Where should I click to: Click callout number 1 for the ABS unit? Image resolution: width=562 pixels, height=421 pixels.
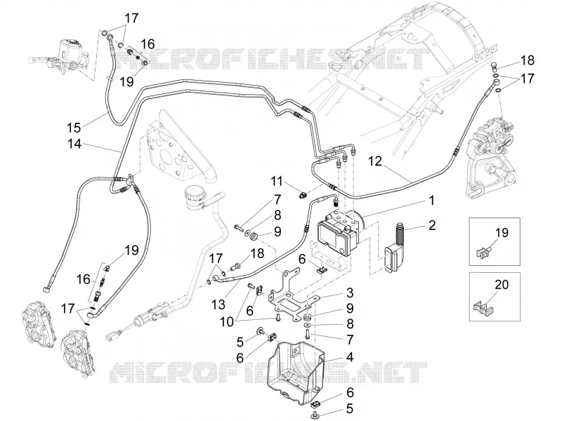point(432,201)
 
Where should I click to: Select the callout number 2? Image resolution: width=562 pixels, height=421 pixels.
point(432,225)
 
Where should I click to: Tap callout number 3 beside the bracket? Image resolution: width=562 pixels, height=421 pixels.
point(349,293)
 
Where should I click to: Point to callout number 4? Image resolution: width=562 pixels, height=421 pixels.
point(350,357)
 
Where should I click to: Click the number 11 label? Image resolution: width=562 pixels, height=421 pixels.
point(277,181)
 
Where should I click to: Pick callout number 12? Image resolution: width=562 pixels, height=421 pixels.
point(375,161)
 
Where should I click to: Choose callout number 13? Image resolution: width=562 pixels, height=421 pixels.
point(218,305)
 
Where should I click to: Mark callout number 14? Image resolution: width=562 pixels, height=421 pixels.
point(74,144)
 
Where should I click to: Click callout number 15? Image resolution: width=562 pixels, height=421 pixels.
point(74,127)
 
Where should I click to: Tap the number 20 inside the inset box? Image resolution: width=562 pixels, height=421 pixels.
point(502,285)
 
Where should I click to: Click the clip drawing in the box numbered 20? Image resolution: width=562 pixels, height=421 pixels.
point(485,308)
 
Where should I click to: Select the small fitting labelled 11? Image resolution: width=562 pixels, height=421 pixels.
point(303,195)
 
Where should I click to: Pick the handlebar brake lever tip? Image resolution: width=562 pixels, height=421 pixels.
point(30,59)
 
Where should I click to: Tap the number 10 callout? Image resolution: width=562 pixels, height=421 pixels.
point(226,322)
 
